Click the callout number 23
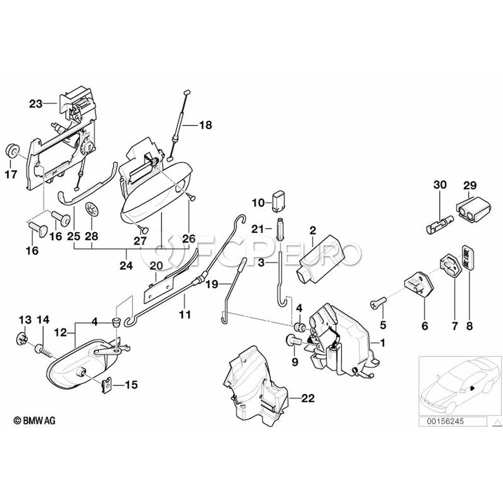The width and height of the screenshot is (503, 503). coord(36,103)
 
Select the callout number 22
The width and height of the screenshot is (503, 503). coord(307,398)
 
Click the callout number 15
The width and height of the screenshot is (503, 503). coord(130,385)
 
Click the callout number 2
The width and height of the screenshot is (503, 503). coord(312,230)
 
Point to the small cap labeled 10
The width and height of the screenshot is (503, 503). coord(279,200)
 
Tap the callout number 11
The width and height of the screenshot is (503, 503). coord(185,315)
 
